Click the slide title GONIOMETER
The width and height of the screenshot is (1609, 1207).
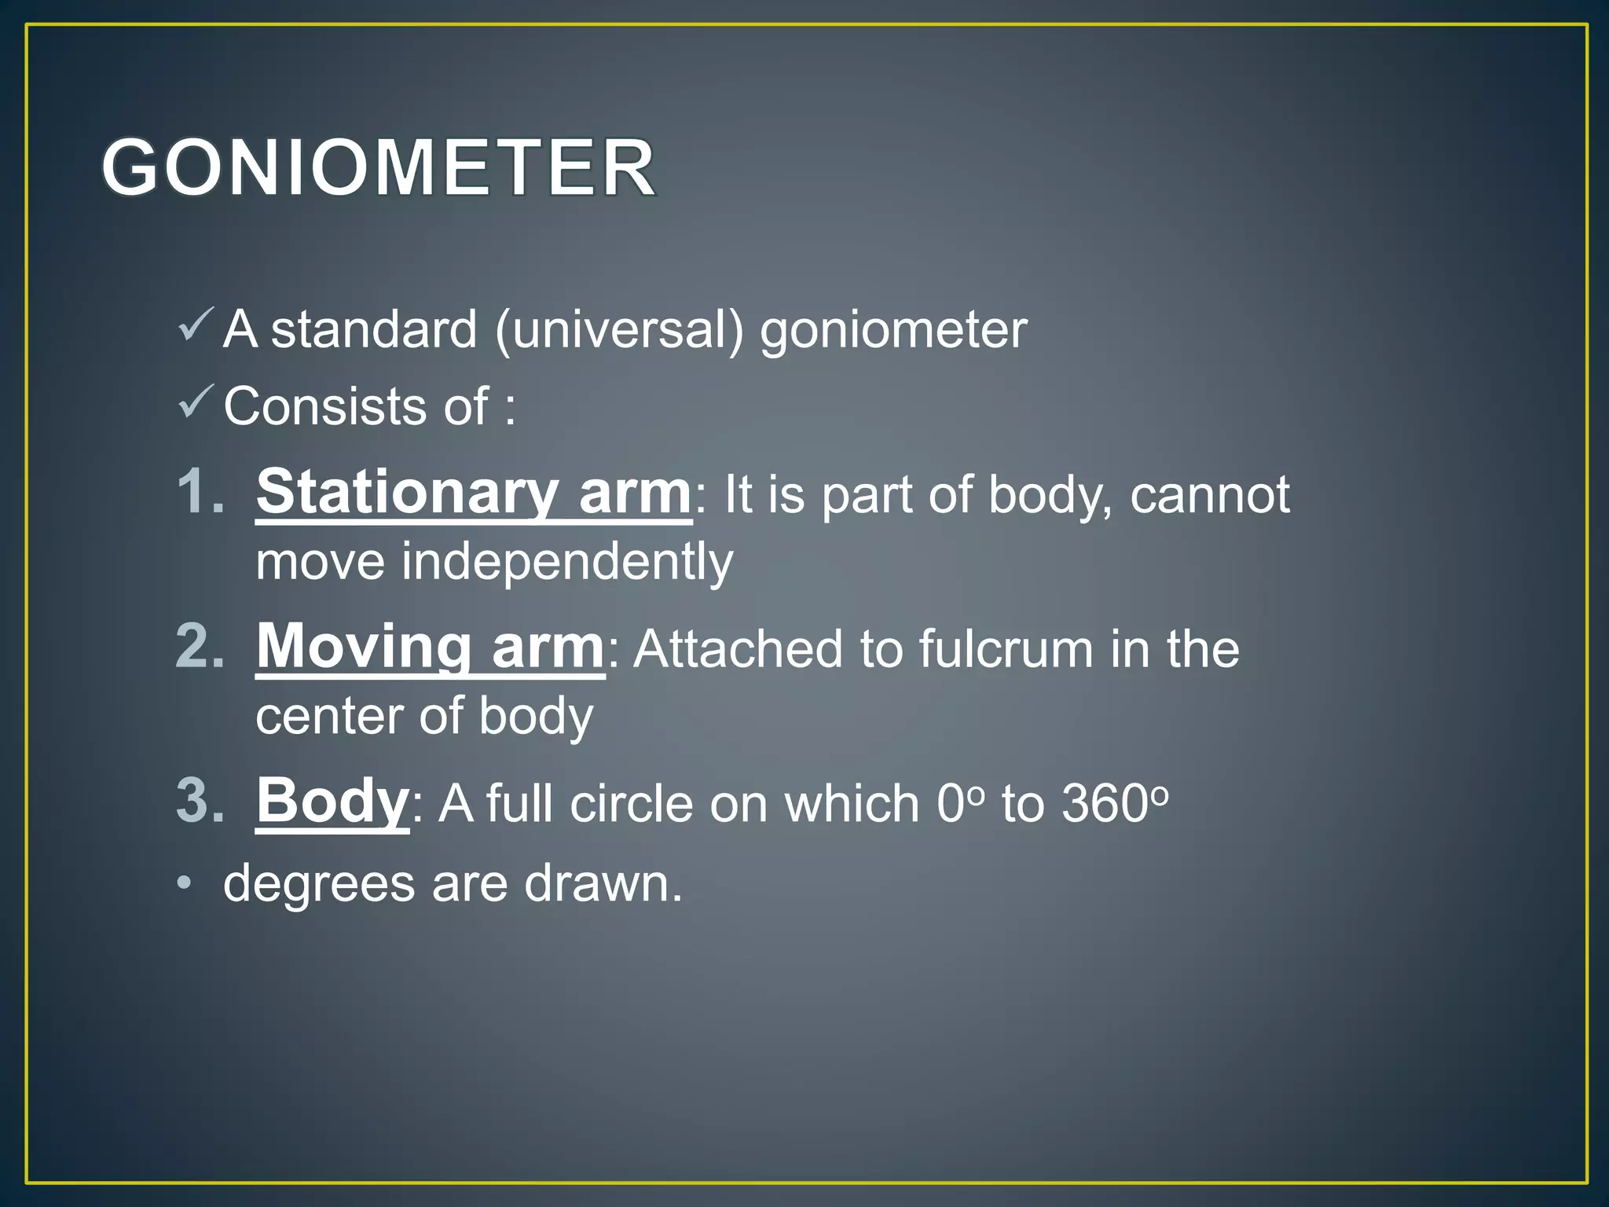[379, 167]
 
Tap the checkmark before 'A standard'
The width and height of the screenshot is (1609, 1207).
[195, 325]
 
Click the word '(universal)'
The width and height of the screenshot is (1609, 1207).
[619, 330]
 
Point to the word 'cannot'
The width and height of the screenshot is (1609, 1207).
[1210, 495]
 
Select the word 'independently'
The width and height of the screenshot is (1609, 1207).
[567, 563]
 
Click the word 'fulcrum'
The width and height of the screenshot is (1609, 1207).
[1006, 649]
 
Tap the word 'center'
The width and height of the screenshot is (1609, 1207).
[328, 717]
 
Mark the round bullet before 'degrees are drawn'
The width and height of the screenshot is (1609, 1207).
[184, 884]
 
